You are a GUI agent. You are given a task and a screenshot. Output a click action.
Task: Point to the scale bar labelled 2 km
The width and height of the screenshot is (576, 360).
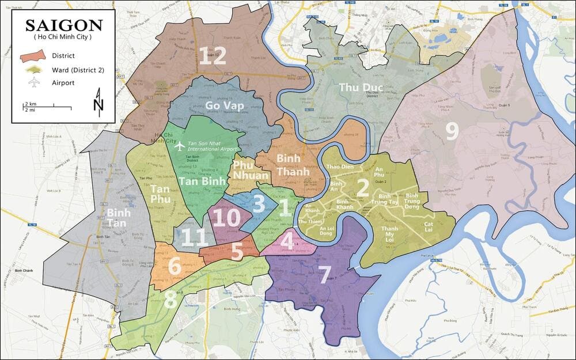click(39, 106)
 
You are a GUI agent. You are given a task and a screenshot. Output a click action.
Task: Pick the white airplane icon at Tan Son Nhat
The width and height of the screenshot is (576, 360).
click(180, 145)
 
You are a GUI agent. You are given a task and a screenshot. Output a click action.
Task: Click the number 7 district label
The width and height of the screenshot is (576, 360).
click(324, 273)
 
